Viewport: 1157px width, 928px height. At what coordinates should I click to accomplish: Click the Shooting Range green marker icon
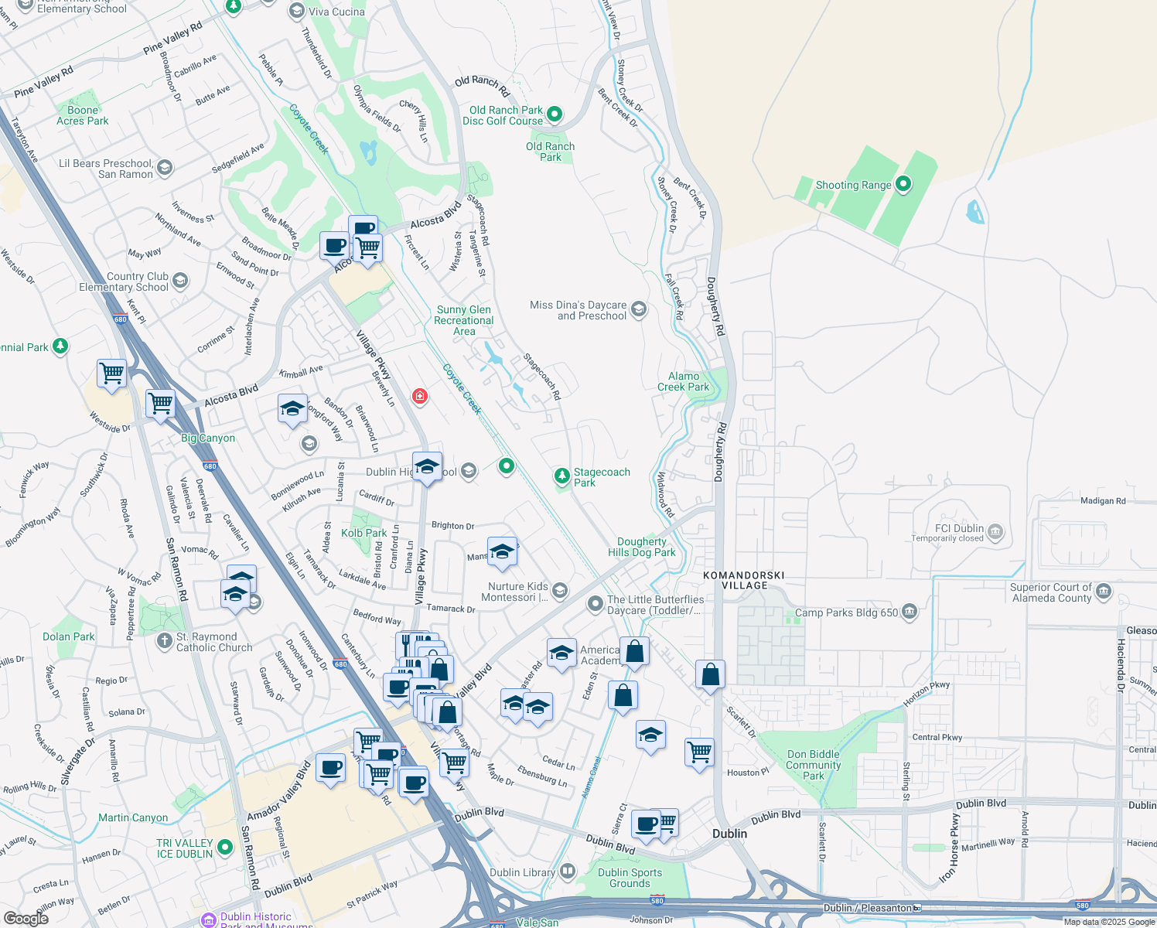coord(903,185)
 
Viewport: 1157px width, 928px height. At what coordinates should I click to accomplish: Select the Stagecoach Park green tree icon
coord(562,476)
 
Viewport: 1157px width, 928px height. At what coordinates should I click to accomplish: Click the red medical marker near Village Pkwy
coord(420,397)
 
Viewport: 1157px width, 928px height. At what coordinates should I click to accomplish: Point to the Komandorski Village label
coord(743,580)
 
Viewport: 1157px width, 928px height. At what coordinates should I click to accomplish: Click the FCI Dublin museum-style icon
coord(995,531)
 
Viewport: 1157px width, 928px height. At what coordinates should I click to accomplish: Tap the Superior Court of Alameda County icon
coord(1104,592)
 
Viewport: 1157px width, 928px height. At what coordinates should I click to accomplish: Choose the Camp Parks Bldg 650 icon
coord(910,612)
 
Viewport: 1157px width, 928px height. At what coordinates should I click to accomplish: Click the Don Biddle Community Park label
coord(813,765)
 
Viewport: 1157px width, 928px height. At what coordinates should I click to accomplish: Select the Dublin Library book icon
coord(568,872)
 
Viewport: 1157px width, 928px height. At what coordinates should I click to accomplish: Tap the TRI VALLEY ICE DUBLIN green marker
coord(225,848)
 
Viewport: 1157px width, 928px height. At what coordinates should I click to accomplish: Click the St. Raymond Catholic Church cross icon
coord(164,640)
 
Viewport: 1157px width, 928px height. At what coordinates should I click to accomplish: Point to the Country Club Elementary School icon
coord(180,280)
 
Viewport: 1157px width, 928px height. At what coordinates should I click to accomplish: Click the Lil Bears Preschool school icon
coord(164,167)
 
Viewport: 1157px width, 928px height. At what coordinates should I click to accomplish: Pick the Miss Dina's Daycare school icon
coord(638,310)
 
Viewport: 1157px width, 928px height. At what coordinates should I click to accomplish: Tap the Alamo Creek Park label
coord(684,381)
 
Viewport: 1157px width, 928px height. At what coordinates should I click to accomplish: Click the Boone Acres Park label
coord(83,115)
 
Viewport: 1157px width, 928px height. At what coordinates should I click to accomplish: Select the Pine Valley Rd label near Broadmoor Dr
coord(173,37)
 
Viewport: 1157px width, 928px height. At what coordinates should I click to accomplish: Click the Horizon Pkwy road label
coord(926,693)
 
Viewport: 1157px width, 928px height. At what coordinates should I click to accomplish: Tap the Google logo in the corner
coord(26,918)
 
